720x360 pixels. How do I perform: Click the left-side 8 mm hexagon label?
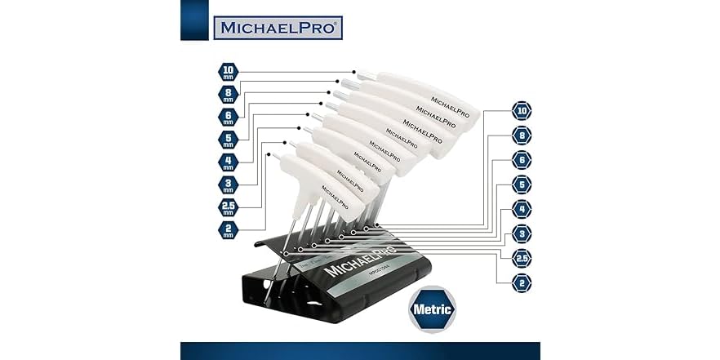click(229, 94)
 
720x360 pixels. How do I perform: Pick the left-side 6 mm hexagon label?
click(229, 117)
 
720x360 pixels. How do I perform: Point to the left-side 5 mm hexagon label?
click(229, 140)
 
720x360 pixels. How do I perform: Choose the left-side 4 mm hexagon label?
click(229, 162)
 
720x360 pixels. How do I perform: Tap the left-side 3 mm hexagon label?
click(229, 184)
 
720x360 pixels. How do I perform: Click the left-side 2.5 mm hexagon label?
click(229, 207)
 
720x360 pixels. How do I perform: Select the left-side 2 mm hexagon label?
click(229, 229)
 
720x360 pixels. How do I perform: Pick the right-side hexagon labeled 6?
click(521, 161)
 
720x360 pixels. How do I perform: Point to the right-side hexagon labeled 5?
click(521, 185)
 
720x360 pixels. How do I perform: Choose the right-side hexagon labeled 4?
click(521, 210)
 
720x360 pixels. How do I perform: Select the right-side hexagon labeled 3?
click(521, 234)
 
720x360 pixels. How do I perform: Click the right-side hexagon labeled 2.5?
click(521, 259)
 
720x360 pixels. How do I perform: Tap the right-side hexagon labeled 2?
click(521, 283)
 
